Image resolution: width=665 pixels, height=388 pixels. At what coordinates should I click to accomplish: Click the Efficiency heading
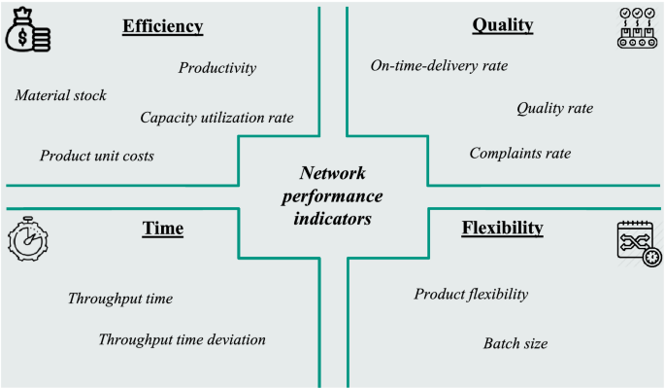[x=162, y=26]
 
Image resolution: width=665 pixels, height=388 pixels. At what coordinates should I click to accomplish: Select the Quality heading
[x=503, y=25]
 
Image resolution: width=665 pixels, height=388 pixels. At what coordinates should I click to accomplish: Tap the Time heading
[x=162, y=229]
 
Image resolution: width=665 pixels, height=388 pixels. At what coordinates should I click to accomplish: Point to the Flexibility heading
[x=502, y=229]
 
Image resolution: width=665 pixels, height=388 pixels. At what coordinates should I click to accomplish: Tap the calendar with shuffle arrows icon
[x=635, y=241]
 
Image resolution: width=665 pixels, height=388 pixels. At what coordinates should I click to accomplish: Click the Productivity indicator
[x=216, y=68]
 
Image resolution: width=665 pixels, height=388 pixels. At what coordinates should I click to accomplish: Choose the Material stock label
[x=60, y=95]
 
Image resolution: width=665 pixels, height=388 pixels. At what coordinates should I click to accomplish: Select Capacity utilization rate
[x=216, y=118]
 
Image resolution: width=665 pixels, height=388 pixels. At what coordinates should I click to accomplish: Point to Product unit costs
[x=96, y=156]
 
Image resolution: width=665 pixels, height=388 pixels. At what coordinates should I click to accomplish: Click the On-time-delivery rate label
[x=439, y=66]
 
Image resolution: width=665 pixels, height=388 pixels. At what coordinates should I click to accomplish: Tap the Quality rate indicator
[x=554, y=108]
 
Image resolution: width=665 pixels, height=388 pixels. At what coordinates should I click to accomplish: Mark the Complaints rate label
[x=519, y=154]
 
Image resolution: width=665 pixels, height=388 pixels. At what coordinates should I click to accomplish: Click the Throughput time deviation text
[x=182, y=339]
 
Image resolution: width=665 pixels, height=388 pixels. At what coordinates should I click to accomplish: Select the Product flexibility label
[x=471, y=294]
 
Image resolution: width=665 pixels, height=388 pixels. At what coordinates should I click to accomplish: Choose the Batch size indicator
[x=515, y=343]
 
